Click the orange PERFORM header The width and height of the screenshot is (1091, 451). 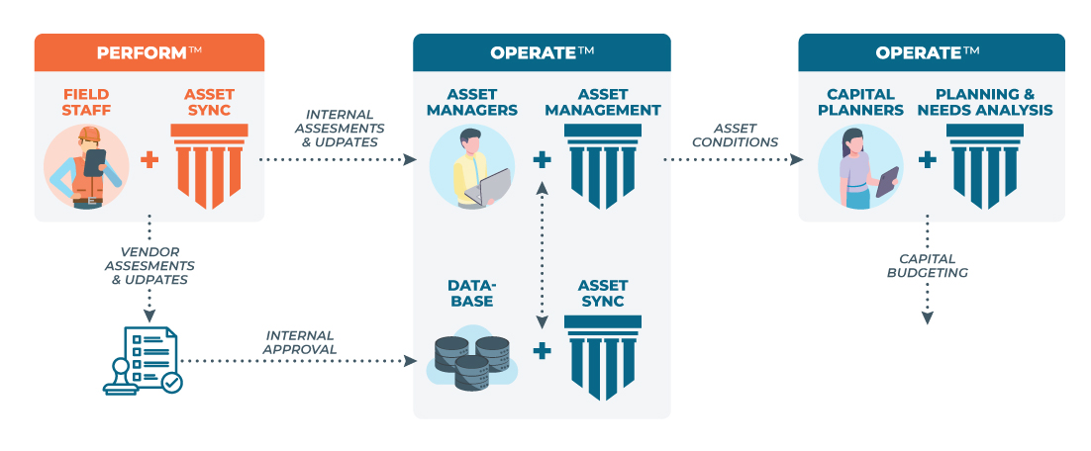(149, 52)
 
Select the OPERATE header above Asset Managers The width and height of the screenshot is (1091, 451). (542, 52)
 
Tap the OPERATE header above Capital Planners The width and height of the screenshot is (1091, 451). (932, 52)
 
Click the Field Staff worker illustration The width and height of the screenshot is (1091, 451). (86, 166)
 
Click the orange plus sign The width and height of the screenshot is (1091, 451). (149, 159)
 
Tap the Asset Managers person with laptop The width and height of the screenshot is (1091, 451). (473, 166)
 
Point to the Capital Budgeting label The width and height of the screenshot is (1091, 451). (928, 265)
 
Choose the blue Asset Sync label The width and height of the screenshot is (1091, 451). (602, 293)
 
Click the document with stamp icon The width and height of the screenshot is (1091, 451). (143, 361)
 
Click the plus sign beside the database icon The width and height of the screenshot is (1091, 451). (542, 349)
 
